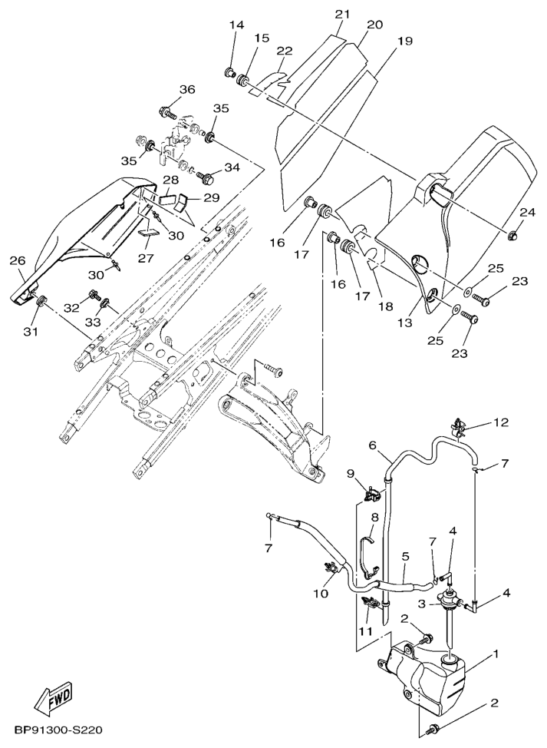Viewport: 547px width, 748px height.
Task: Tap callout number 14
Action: (x=236, y=25)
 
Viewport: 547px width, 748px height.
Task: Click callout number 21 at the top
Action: (x=341, y=14)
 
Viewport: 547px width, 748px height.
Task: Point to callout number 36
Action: (x=186, y=89)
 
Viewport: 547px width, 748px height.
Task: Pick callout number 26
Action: (x=17, y=261)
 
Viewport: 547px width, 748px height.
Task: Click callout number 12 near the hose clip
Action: (x=500, y=422)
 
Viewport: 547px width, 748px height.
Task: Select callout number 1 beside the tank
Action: (x=496, y=654)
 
